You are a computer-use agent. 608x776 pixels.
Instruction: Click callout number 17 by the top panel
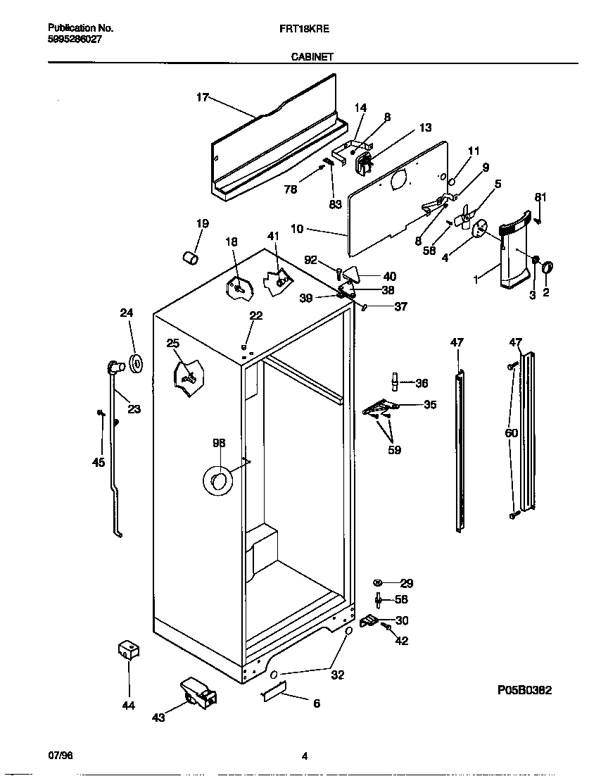pos(202,97)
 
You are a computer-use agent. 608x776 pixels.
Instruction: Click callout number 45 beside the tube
pos(98,462)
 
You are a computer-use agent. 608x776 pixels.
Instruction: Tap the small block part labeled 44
pos(127,651)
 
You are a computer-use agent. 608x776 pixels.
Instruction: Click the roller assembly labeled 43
pos(198,692)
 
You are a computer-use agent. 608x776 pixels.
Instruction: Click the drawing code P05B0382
pos(519,691)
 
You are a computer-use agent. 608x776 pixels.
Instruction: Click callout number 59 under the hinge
pos(394,449)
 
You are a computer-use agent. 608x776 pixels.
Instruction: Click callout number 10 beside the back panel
pos(296,230)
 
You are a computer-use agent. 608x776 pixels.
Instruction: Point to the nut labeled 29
pos(377,582)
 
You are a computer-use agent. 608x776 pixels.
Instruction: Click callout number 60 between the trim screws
pos(511,433)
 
